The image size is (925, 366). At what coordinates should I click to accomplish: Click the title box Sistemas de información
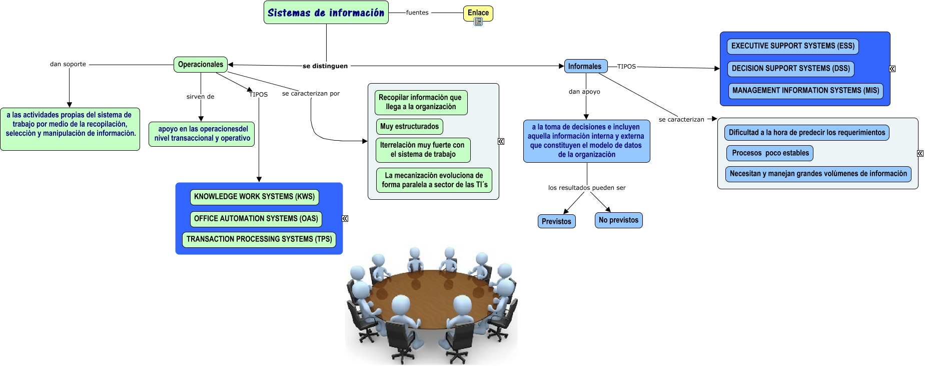click(x=326, y=13)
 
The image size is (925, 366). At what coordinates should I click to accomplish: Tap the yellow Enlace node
click(x=478, y=12)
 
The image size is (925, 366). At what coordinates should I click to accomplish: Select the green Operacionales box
click(x=201, y=65)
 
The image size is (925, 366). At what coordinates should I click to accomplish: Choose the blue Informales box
click(x=585, y=66)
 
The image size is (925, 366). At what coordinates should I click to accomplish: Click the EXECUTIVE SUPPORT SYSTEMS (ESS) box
click(x=792, y=46)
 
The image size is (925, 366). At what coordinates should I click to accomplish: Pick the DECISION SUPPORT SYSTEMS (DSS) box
click(x=790, y=69)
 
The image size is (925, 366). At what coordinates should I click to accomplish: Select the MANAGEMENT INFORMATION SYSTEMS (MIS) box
click(x=805, y=91)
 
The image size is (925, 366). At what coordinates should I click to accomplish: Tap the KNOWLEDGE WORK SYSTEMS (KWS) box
click(x=254, y=197)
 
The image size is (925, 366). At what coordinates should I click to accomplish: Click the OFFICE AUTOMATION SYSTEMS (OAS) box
click(x=256, y=219)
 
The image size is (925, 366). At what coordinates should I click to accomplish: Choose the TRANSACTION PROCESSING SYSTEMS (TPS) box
click(x=259, y=239)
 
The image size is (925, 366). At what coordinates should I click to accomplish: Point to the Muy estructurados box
click(x=409, y=127)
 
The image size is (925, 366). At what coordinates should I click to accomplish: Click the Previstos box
click(x=556, y=221)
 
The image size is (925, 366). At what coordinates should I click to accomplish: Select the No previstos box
click(x=618, y=220)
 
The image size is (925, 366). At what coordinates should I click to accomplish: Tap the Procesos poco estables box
click(x=770, y=153)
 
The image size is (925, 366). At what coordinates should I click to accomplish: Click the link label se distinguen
click(x=325, y=66)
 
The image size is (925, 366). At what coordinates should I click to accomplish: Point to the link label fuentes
click(x=417, y=13)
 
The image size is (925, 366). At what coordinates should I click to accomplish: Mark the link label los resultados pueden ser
click(x=587, y=188)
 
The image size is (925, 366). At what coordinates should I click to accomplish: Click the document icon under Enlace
click(x=478, y=22)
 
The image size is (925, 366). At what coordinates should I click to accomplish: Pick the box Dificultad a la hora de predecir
click(x=806, y=133)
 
